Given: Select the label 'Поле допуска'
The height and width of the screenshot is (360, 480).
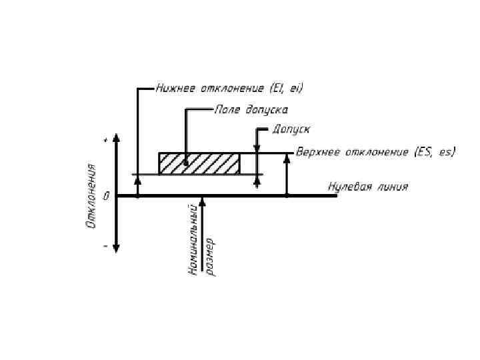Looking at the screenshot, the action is click(251, 109).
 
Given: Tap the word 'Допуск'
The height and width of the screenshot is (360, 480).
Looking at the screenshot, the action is click(291, 129).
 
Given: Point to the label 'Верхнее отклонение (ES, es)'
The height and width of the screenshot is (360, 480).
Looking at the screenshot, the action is click(375, 152).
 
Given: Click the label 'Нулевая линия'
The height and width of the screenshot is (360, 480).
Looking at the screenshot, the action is click(367, 187).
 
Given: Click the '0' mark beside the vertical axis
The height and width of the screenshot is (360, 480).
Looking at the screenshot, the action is click(107, 196).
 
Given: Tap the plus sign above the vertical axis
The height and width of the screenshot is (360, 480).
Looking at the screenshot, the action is click(106, 141).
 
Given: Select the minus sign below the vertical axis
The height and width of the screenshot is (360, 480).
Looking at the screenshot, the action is click(106, 245).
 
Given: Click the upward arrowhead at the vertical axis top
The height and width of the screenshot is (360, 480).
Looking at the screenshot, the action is click(117, 139).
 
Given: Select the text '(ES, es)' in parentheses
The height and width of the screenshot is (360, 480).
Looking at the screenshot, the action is click(435, 152).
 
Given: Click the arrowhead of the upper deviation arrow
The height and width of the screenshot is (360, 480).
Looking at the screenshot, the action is click(287, 158).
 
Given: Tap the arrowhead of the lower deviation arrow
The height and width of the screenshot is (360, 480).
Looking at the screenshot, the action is click(137, 179).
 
